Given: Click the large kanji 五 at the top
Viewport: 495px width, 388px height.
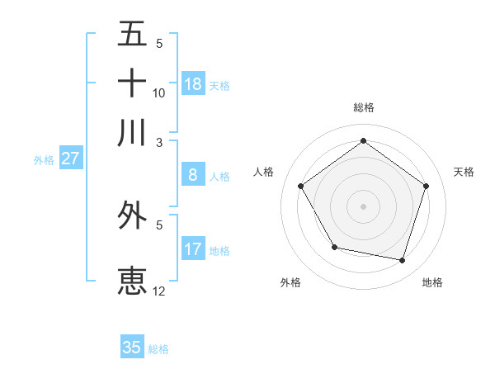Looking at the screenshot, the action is coord(132,34).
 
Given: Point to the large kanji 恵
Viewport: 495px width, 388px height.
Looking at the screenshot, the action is coord(132,280).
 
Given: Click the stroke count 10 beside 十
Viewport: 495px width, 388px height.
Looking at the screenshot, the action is coord(159,92).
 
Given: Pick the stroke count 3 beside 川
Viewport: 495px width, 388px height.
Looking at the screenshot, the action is coord(159,141).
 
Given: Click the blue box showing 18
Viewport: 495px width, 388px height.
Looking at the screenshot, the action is coord(193,84).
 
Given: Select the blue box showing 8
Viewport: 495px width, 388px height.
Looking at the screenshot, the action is coord(193,175).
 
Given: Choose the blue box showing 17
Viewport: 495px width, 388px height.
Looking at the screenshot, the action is coord(193,249).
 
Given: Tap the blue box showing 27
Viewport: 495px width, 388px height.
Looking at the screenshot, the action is coord(70,159).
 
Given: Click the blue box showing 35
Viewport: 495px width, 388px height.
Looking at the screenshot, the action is coord(132,348).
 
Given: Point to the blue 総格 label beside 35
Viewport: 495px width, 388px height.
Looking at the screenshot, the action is coord(158,349).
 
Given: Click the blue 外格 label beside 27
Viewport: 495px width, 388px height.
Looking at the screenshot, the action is coord(44,160).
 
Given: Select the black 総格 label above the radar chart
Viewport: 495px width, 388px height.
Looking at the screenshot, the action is coord(364,107).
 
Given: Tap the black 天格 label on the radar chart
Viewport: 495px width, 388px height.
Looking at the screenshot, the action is coord(464,172).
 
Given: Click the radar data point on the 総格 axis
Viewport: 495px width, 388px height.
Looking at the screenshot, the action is coord(363,141).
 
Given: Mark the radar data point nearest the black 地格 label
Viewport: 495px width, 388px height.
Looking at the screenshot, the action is coord(402,260).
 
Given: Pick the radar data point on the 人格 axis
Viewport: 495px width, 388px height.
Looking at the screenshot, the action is coord(301,186).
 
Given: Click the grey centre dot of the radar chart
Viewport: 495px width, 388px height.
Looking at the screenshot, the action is coord(363,206).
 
